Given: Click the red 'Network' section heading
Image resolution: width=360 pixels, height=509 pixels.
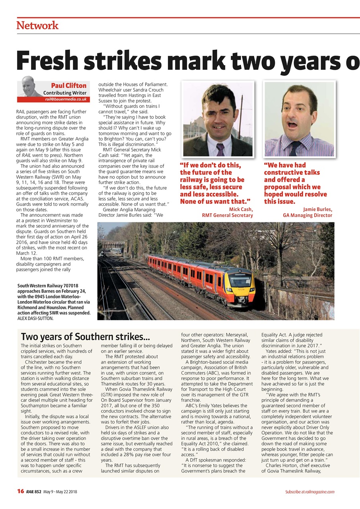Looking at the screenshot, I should pos(37,25).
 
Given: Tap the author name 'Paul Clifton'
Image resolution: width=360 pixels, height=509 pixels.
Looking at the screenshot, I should pos(68,85).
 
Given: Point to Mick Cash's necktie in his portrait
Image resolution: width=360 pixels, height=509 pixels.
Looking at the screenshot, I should pos(220,149).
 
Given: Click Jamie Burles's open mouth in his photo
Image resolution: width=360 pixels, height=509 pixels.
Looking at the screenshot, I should pos(293,124).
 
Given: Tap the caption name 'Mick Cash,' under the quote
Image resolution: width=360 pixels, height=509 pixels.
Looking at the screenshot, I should pos(241,209).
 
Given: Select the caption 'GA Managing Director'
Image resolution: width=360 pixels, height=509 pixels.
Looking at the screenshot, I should pos(307,216).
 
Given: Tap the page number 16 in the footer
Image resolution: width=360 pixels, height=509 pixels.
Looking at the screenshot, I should pos(21,492).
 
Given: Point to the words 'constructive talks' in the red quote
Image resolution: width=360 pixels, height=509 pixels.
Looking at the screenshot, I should pos(292,173).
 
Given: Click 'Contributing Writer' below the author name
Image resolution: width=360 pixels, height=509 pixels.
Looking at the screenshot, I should pos(65,93).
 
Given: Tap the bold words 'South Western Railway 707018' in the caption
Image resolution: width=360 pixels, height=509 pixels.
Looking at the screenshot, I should pos(48,286).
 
